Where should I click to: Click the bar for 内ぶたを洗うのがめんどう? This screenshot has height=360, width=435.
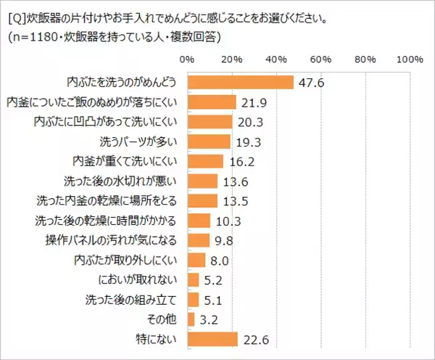[x=240, y=82]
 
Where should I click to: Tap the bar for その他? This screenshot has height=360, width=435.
[x=191, y=319]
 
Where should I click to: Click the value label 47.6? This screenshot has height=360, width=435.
[x=310, y=83]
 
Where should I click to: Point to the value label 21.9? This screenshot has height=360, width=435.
[x=252, y=102]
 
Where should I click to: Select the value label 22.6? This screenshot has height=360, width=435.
[x=253, y=339]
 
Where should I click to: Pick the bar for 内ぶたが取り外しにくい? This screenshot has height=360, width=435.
[x=196, y=259]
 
